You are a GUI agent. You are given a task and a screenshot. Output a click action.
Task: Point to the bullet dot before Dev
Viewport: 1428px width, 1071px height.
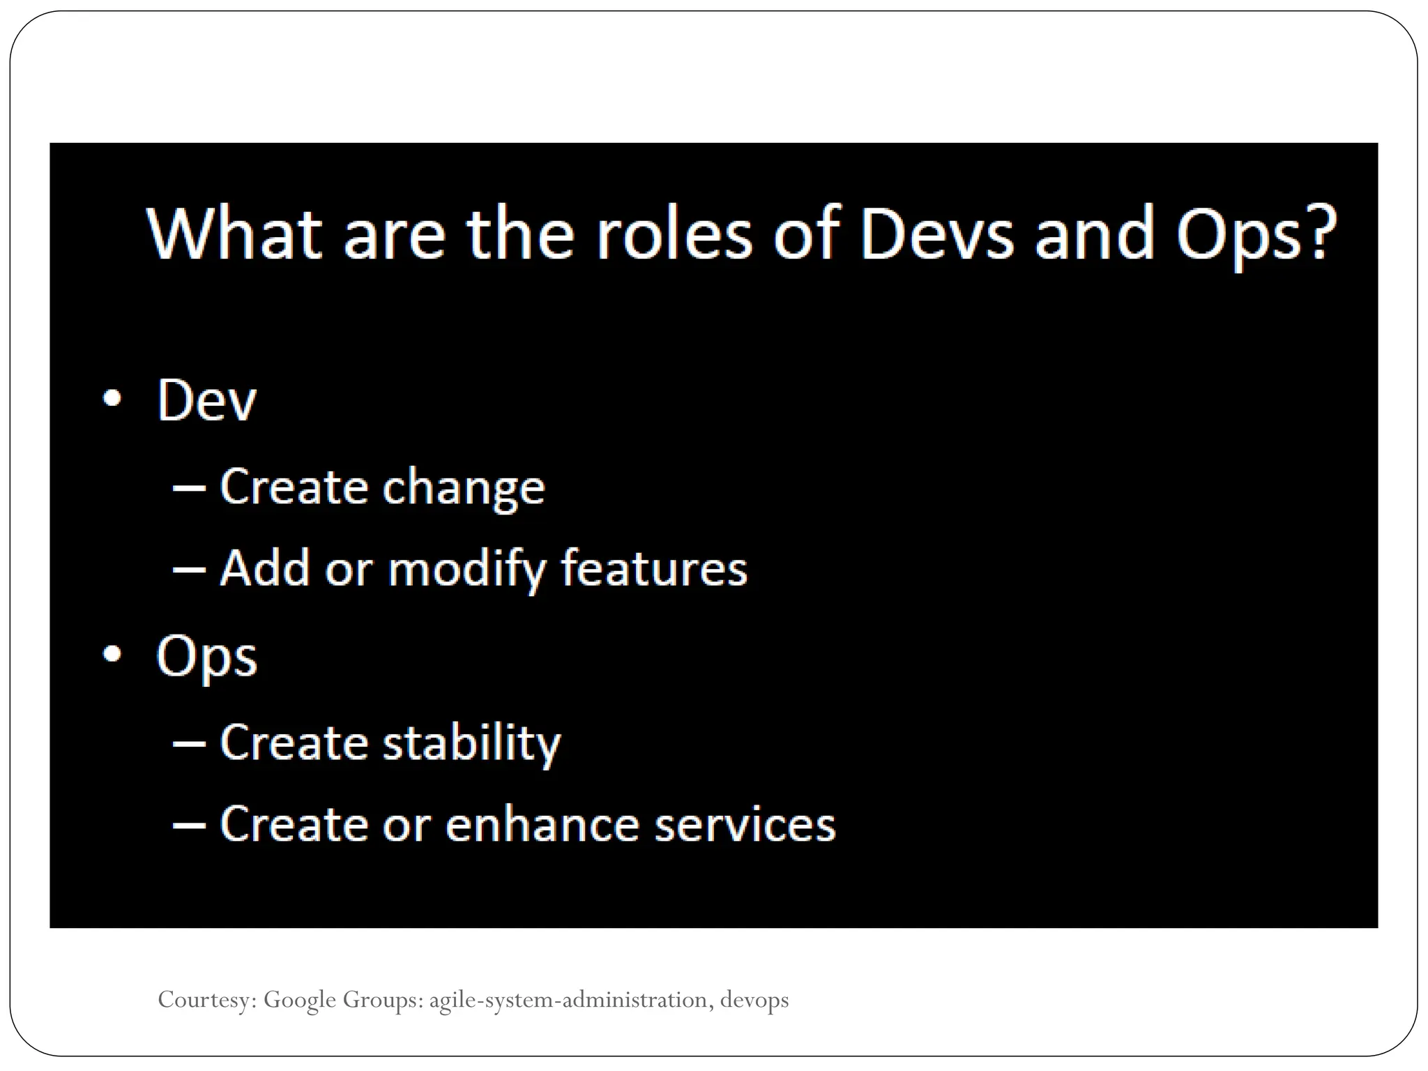point(112,398)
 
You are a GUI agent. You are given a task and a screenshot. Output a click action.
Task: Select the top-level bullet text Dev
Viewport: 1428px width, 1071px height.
point(206,400)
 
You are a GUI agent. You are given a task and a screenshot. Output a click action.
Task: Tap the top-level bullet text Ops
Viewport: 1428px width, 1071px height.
point(206,657)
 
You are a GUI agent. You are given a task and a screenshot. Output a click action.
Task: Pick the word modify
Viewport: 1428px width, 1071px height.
point(466,569)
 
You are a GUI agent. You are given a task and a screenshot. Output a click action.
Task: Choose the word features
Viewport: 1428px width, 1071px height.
point(654,568)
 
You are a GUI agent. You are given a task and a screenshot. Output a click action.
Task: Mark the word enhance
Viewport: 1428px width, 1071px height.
point(542,824)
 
